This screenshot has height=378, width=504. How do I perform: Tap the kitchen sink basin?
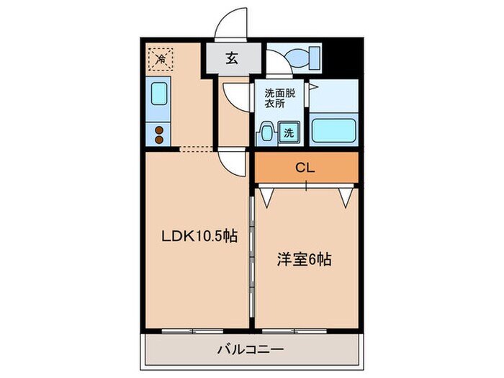(159, 94)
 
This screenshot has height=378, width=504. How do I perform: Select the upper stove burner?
(159, 130)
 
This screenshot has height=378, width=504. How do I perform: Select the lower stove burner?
(159, 138)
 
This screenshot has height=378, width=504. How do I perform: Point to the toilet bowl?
(297, 56)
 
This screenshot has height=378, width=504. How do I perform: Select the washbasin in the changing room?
(266, 132)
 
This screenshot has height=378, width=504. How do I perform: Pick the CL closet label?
(305, 167)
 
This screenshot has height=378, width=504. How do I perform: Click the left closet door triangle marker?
(268, 194)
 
